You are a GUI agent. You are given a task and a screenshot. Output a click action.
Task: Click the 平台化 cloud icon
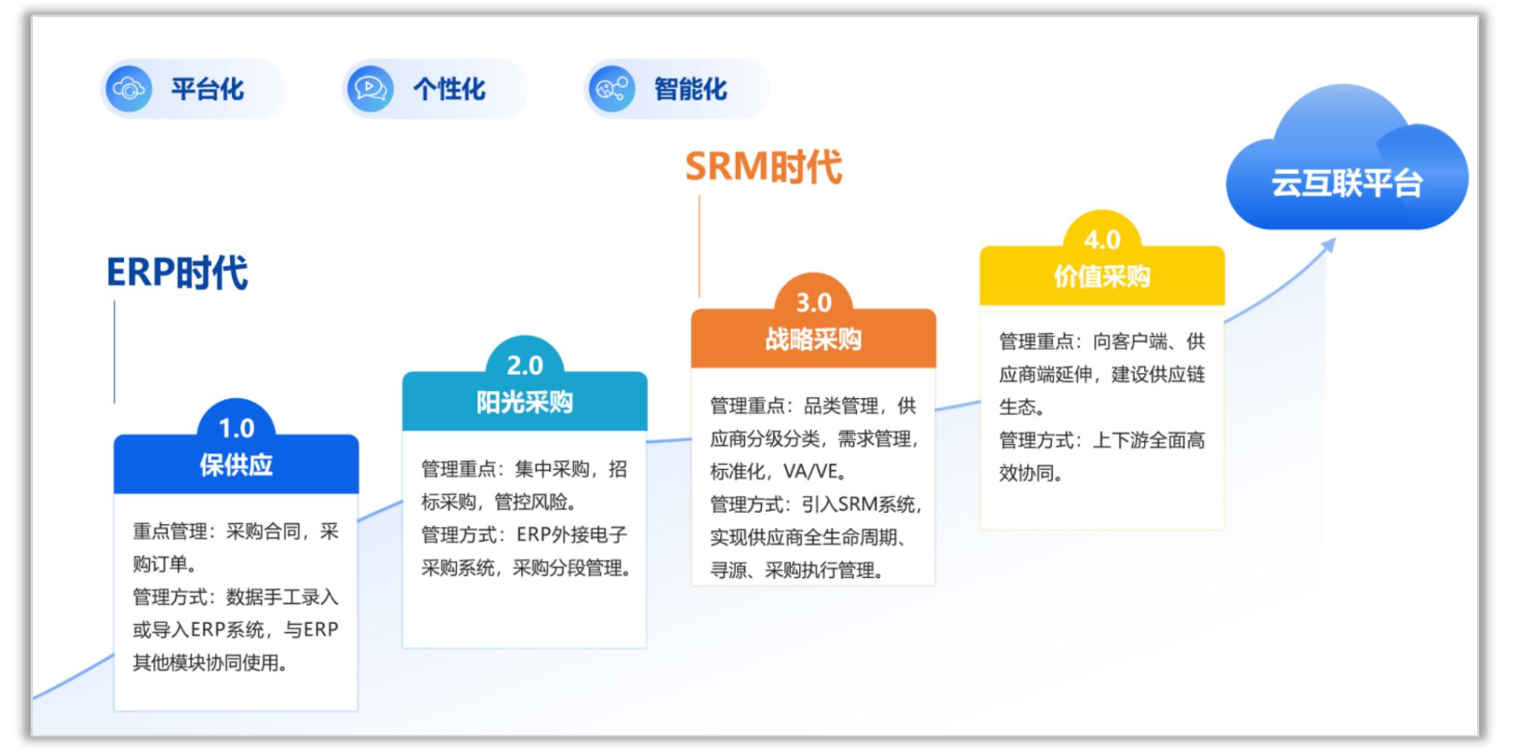(x=129, y=89)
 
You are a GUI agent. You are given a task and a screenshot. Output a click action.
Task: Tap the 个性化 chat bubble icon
(x=370, y=89)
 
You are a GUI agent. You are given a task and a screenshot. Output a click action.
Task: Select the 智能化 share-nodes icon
(x=612, y=89)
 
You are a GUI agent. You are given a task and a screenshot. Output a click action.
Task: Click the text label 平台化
(x=207, y=89)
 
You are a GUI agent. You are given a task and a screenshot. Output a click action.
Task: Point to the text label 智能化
(x=691, y=89)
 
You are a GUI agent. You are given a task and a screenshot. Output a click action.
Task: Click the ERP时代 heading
(x=177, y=272)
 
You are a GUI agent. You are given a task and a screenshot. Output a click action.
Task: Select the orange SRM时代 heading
(x=763, y=167)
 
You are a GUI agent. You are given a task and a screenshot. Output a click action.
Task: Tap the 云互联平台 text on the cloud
(x=1346, y=183)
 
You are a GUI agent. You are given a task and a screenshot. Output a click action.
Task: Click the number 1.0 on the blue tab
(x=236, y=428)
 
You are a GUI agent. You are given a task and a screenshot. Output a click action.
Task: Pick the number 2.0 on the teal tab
(x=525, y=365)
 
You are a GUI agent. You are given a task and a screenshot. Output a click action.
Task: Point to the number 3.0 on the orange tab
(x=813, y=302)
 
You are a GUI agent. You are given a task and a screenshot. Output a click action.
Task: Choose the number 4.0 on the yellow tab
(x=1102, y=239)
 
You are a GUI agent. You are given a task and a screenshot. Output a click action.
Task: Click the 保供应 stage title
(x=236, y=465)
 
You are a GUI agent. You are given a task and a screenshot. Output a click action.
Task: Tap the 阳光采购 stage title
(x=525, y=401)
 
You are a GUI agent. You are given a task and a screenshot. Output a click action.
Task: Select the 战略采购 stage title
(x=813, y=339)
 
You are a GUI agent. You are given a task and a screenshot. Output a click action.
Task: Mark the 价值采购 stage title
(x=1102, y=277)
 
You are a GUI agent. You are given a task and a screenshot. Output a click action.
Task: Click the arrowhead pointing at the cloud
(x=1329, y=245)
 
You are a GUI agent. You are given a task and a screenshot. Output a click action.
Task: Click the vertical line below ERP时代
(x=114, y=352)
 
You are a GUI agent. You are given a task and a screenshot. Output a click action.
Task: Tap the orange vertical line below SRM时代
(x=700, y=247)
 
